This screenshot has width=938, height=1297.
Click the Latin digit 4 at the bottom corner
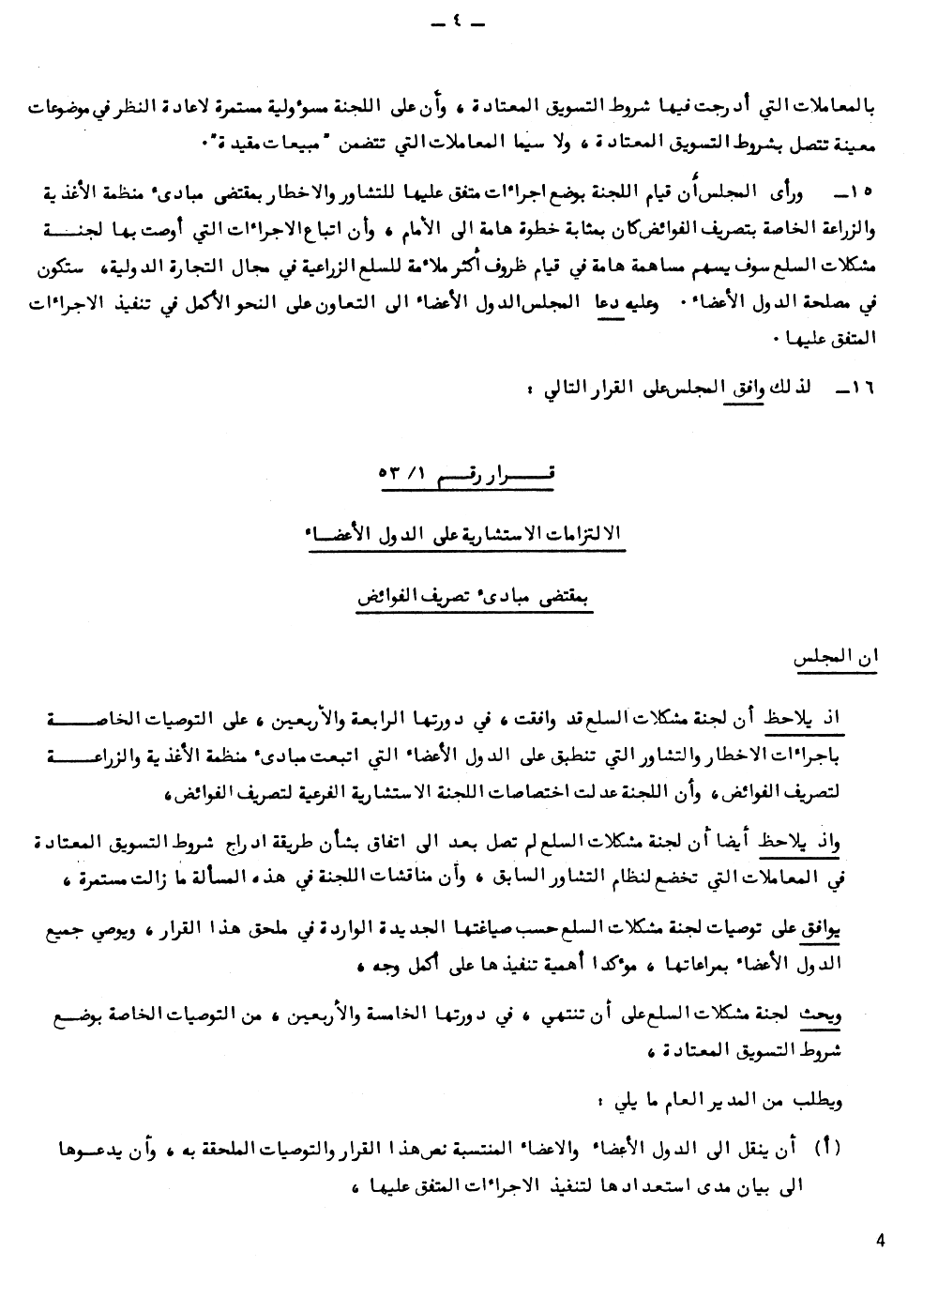880,1241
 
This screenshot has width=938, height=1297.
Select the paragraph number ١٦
861,388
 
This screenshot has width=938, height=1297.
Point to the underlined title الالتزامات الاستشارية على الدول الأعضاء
466,534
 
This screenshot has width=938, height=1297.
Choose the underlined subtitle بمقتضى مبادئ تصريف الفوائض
466,597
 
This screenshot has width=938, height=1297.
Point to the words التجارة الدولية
184,273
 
